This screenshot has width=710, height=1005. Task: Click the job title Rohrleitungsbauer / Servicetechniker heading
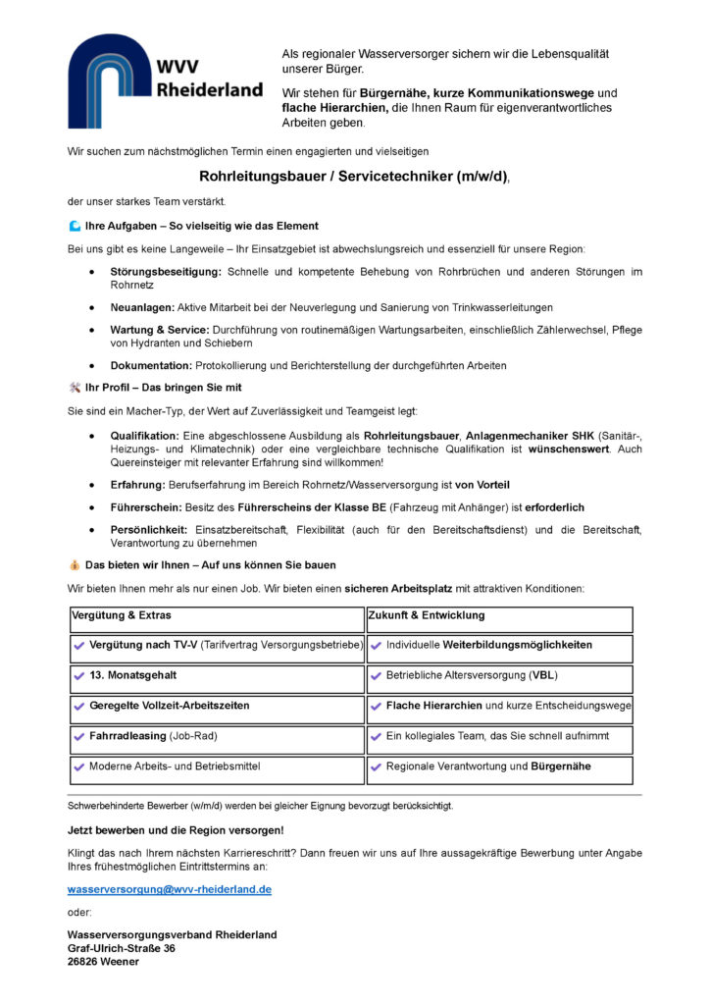[354, 177]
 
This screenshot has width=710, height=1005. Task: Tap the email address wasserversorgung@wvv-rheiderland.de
[169, 889]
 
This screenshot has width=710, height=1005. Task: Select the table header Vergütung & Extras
[122, 615]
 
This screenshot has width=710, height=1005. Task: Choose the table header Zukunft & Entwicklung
[426, 615]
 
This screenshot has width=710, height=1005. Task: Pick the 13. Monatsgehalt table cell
[133, 675]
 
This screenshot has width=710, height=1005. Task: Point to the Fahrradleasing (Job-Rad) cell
[153, 735]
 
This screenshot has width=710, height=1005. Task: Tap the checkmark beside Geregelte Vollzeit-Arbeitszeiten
[79, 706]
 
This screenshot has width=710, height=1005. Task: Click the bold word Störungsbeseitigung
[166, 271]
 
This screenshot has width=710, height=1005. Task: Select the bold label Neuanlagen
[142, 307]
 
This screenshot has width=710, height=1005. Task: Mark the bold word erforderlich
[555, 507]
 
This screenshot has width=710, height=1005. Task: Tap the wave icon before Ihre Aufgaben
[75, 226]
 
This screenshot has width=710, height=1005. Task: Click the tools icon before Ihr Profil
[75, 387]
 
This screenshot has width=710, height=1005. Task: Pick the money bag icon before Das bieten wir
[75, 565]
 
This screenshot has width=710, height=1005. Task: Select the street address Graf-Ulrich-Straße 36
[122, 948]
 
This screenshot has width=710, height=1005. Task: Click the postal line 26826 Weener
[103, 962]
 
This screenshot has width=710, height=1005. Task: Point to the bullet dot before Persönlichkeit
[91, 530]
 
